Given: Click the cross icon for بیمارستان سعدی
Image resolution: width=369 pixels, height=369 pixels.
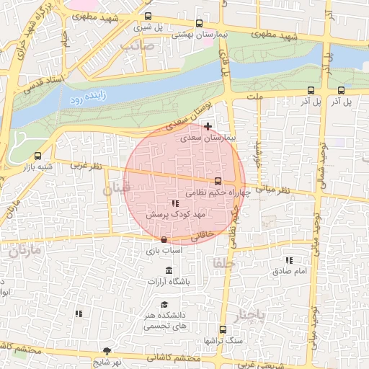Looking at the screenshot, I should pyautogui.click(x=208, y=127).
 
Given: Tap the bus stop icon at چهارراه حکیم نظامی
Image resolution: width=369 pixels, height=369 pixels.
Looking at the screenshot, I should pyautogui.click(x=218, y=181).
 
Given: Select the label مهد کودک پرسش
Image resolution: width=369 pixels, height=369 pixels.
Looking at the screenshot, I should pyautogui.click(x=177, y=215).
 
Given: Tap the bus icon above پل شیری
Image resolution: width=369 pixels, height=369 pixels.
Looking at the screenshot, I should pyautogui.click(x=148, y=16).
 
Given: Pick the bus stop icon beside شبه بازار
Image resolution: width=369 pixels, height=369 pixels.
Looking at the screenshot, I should pyautogui.click(x=37, y=156).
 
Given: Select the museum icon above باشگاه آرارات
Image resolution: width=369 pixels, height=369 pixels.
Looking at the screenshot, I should pyautogui.click(x=169, y=270).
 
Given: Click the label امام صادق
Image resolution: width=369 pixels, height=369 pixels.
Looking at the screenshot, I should pyautogui.click(x=290, y=271).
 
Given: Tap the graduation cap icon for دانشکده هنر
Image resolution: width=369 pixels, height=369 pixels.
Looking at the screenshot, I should pyautogui.click(x=165, y=305).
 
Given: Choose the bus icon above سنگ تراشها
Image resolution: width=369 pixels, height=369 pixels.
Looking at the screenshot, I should pyautogui.click(x=223, y=329).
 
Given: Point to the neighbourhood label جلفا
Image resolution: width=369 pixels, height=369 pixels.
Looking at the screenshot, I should pyautogui.click(x=220, y=263).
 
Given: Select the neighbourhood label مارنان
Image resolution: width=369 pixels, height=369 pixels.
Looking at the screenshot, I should pyautogui.click(x=23, y=252).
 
